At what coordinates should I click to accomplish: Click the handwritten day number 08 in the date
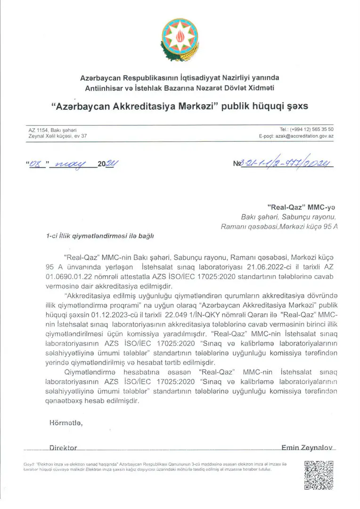[x=36, y=164]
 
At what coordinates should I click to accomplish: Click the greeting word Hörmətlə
[x=66, y=423]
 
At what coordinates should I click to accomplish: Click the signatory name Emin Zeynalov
[x=307, y=447]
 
